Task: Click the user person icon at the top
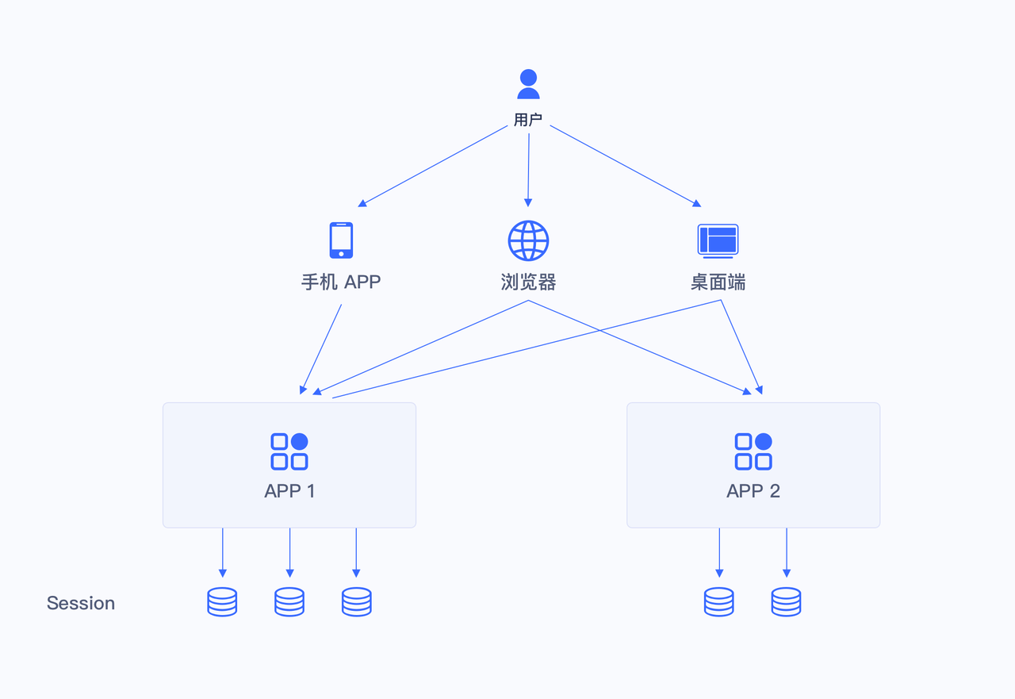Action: click(528, 84)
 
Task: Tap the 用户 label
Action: click(528, 121)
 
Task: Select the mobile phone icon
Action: click(341, 240)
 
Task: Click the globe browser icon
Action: click(528, 240)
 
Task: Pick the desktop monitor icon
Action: click(718, 240)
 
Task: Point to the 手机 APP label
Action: click(341, 282)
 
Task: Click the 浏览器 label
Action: click(528, 282)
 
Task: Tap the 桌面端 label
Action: click(718, 282)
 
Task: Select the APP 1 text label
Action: click(289, 491)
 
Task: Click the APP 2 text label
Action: click(753, 491)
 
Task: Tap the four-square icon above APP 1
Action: click(289, 451)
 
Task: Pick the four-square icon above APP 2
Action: click(753, 451)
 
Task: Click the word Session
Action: click(81, 603)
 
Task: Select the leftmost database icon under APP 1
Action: click(222, 602)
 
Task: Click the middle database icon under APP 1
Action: click(289, 602)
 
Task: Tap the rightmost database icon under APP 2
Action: click(786, 602)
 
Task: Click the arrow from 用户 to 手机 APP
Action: click(435, 165)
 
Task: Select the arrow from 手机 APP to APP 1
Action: click(321, 348)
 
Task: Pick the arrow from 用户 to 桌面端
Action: click(625, 165)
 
